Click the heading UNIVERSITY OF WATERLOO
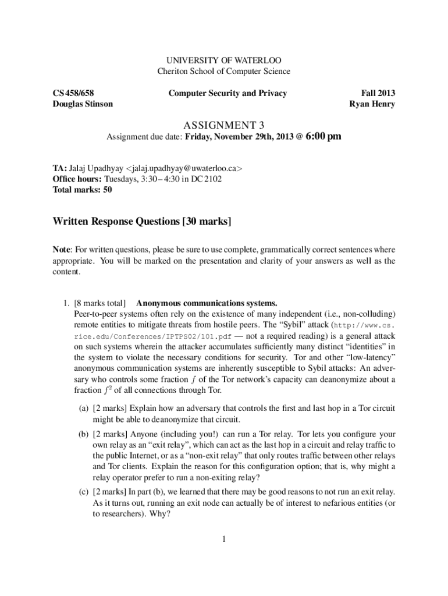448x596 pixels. click(x=223, y=61)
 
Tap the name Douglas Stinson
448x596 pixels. click(x=83, y=104)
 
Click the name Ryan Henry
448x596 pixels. click(x=372, y=104)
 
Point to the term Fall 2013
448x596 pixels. click(x=378, y=93)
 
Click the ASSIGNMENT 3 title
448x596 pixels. click(x=223, y=125)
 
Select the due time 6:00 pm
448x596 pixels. click(x=323, y=137)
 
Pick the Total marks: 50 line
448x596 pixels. click(x=82, y=190)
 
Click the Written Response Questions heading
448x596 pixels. click(x=142, y=221)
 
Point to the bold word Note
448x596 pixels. click(x=62, y=250)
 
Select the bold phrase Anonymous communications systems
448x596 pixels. click(x=207, y=303)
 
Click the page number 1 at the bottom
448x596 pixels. click(x=223, y=538)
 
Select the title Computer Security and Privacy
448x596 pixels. click(x=227, y=93)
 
